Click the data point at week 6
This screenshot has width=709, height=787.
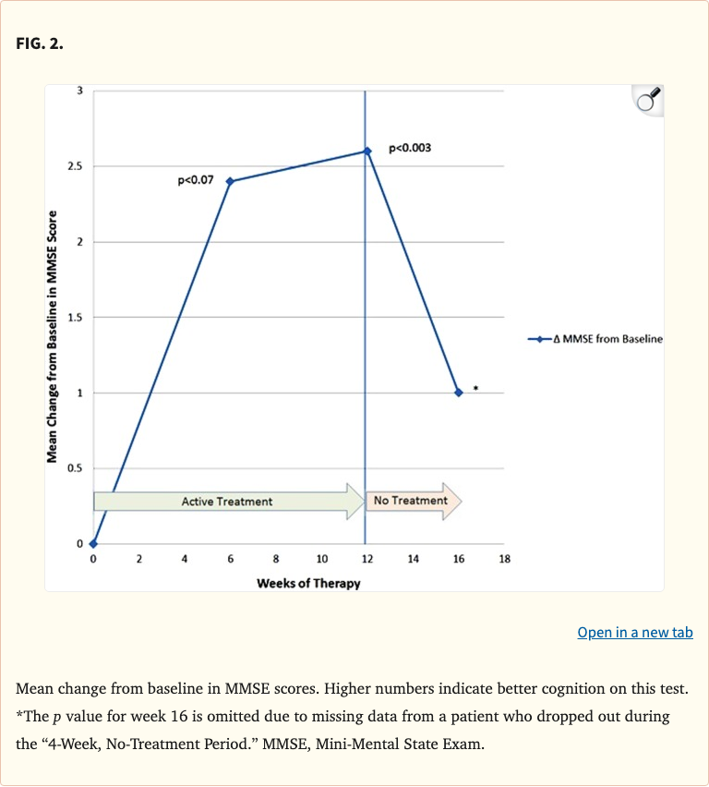coord(230,181)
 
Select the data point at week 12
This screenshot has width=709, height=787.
coord(367,151)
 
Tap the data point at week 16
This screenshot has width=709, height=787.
coord(458,393)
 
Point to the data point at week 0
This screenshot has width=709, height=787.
coord(93,543)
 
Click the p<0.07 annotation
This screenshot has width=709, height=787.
coord(195,180)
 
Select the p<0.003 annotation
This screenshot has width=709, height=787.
coord(410,148)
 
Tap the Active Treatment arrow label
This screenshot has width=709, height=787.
coord(227,502)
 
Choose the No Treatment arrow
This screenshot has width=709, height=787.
coord(412,501)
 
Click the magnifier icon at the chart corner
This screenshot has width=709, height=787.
coord(647,101)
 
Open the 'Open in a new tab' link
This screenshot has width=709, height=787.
coord(634,633)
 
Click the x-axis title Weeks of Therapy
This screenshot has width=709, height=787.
coord(308,584)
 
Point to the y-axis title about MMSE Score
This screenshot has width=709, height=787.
coord(53,333)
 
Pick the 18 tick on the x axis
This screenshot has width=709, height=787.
coord(504,560)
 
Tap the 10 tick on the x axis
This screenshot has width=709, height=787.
coord(321,560)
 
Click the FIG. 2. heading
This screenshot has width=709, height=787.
coord(40,44)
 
